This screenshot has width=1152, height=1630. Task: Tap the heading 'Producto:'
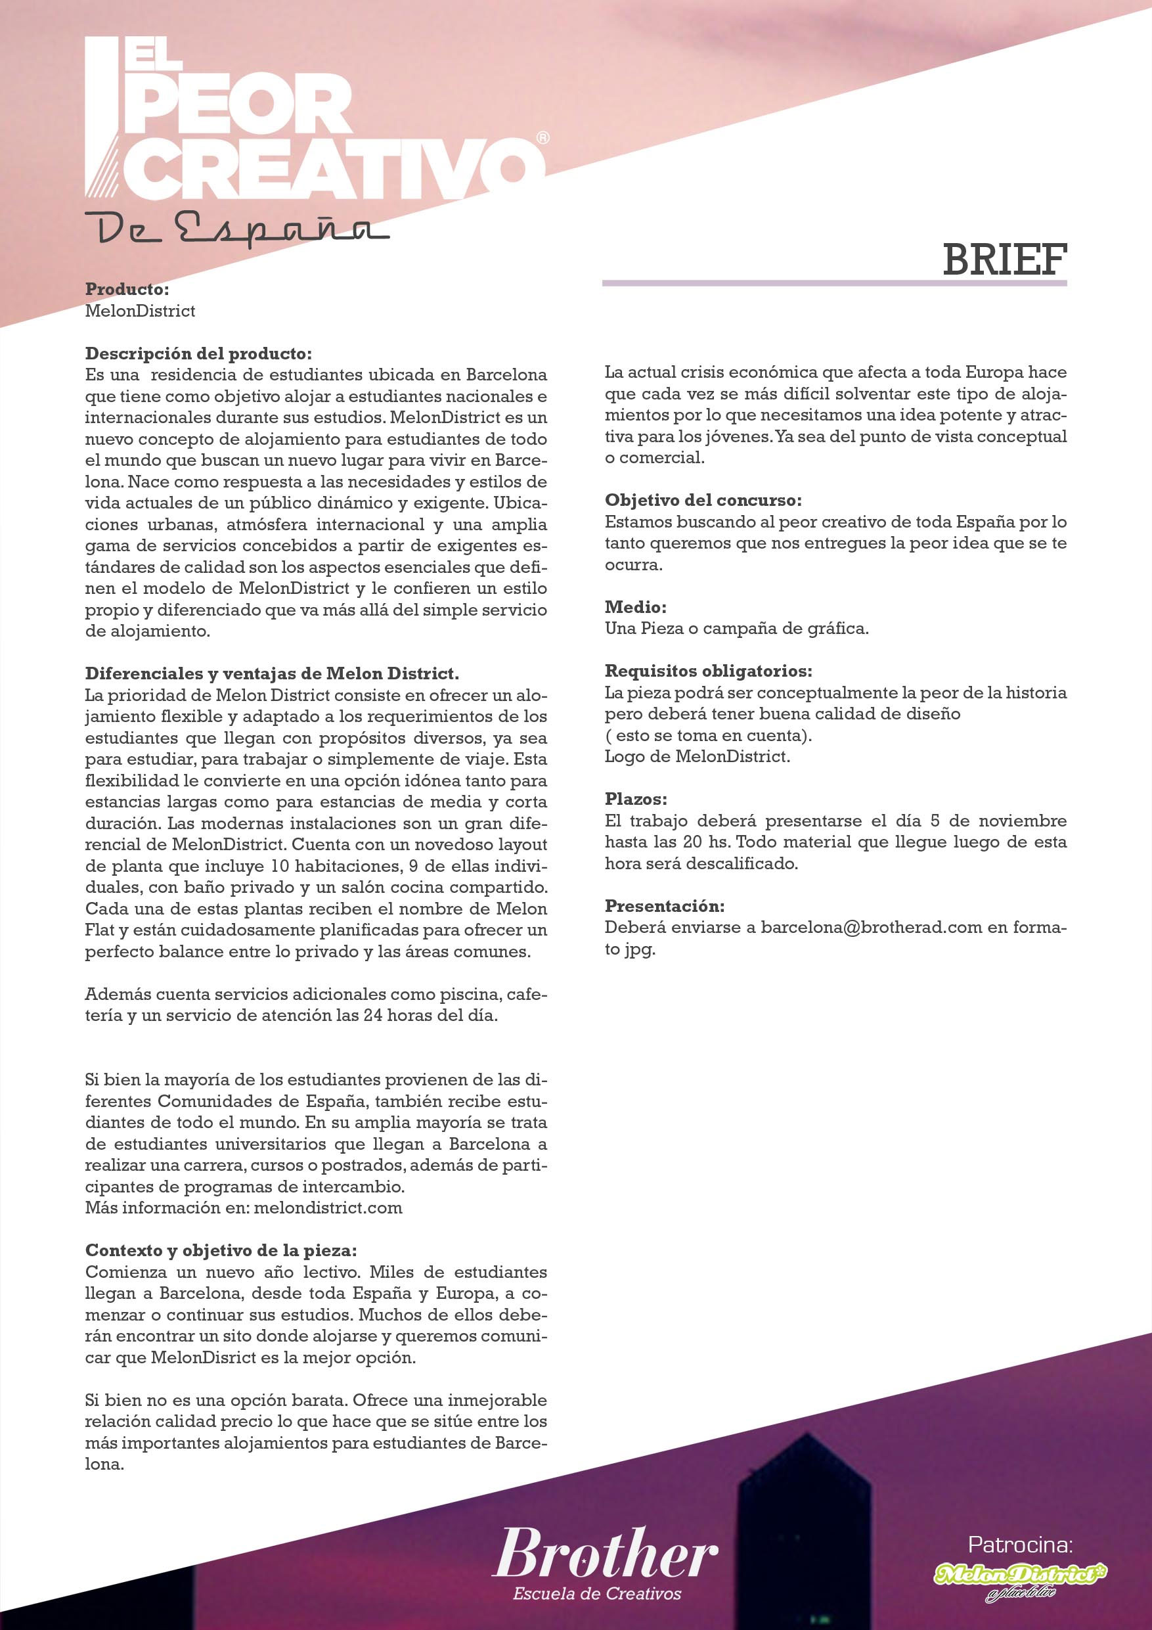[x=127, y=290]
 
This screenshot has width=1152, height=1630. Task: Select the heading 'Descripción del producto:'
[x=198, y=353]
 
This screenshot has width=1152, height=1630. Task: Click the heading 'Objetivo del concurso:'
[x=703, y=501]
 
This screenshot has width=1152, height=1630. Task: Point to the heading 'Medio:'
[x=635, y=607]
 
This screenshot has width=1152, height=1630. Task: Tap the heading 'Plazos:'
[x=635, y=800]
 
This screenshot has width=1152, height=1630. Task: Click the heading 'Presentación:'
[x=665, y=906]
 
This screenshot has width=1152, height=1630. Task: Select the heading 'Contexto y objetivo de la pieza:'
[x=221, y=1250]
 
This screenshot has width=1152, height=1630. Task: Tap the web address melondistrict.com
[x=328, y=1208]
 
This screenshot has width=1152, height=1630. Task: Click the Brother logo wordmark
[x=605, y=1553]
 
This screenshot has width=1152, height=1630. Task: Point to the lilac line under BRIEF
[x=834, y=283]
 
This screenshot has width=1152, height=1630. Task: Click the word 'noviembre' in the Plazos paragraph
[x=1022, y=821]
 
